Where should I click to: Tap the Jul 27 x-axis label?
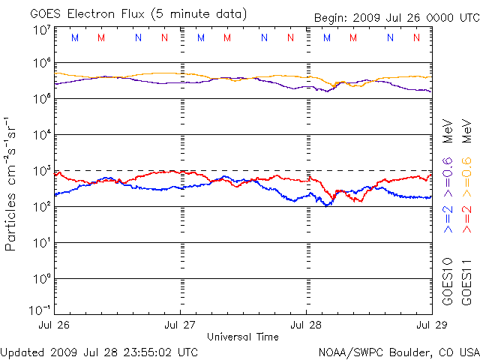point(180,325)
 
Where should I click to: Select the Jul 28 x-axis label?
point(306,325)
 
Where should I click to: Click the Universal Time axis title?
point(243,337)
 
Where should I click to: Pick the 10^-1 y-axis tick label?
point(40,309)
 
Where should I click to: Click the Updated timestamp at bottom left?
point(100,351)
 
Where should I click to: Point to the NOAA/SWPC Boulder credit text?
point(398,351)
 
